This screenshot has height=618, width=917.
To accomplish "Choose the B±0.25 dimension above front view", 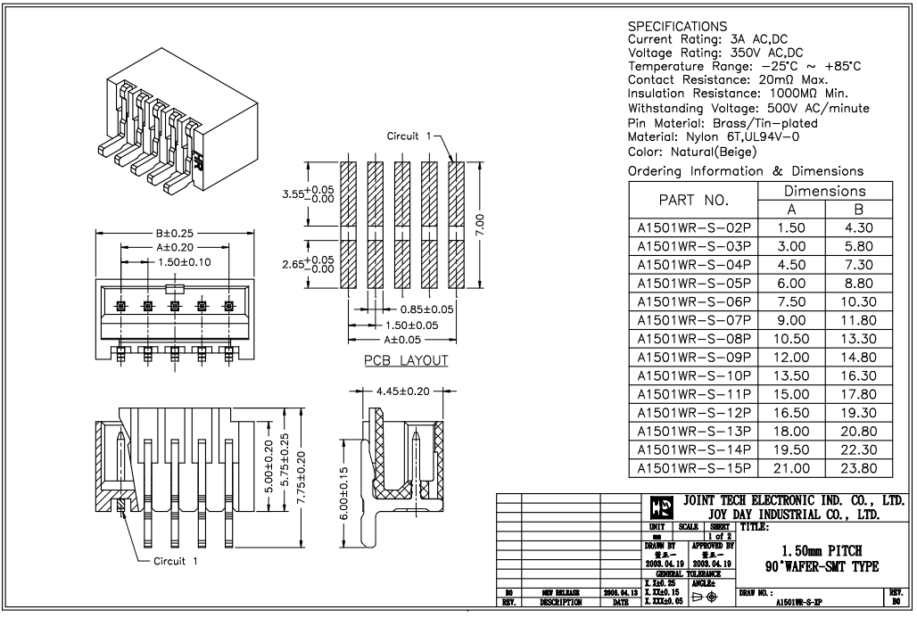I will (175, 234).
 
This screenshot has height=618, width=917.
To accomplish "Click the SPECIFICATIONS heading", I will (678, 26).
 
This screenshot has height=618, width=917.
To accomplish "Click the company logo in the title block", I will (659, 509).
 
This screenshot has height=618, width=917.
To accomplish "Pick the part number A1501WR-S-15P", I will (694, 467).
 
